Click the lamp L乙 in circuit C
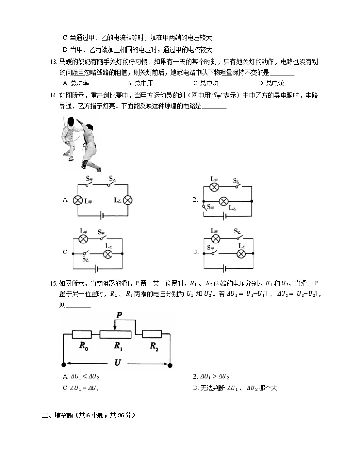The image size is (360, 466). tap(108, 254)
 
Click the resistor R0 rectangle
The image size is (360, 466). tap(82, 335)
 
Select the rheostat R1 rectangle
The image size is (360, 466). tap(116, 335)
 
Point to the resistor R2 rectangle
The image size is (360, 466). tap(152, 335)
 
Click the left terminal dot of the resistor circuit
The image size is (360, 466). tap(63, 364)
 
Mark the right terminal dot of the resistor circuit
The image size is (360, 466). tap(170, 364)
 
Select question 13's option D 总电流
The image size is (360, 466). tap(271, 83)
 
